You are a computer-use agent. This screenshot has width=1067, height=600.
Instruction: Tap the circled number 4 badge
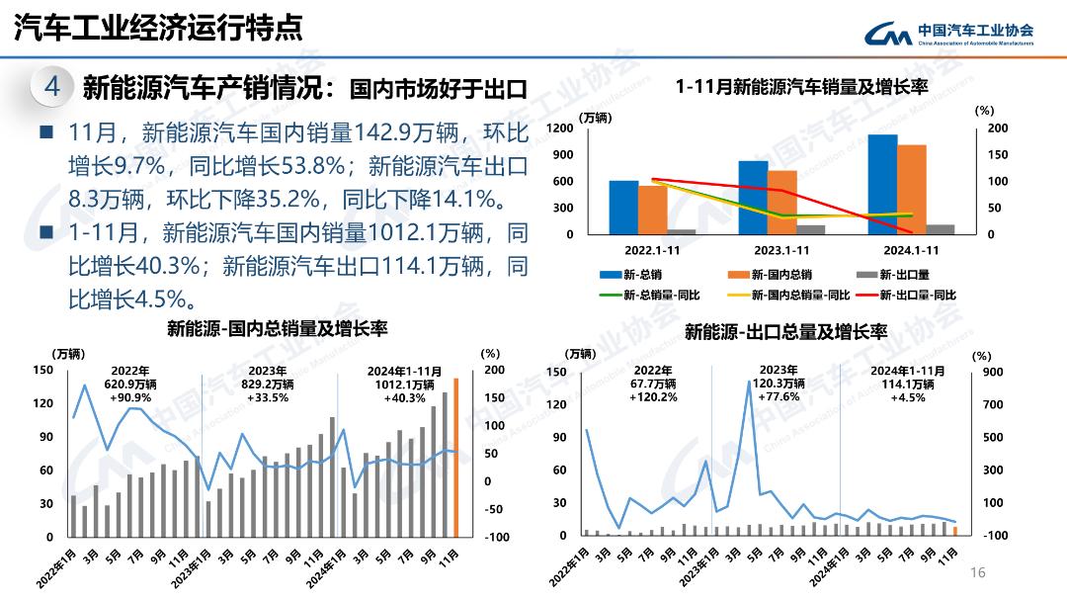52,87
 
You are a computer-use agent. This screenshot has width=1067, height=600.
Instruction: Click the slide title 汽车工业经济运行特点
158,28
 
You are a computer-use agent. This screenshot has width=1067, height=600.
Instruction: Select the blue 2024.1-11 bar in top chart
882,184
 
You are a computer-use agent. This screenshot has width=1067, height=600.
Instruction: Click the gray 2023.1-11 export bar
810,229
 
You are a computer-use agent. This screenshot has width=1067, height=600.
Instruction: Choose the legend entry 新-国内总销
771,274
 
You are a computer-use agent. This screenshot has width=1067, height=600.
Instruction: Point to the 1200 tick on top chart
560,129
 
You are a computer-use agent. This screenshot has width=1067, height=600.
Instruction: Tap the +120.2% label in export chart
653,397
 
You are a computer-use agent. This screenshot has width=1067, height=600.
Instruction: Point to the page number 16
979,572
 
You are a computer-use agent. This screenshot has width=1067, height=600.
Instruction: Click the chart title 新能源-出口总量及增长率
785,331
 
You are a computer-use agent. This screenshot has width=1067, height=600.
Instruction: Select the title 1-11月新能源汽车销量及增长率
802,87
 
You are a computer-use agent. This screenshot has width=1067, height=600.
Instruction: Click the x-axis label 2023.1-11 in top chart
781,250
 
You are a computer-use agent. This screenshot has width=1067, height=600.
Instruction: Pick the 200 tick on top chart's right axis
997,129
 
